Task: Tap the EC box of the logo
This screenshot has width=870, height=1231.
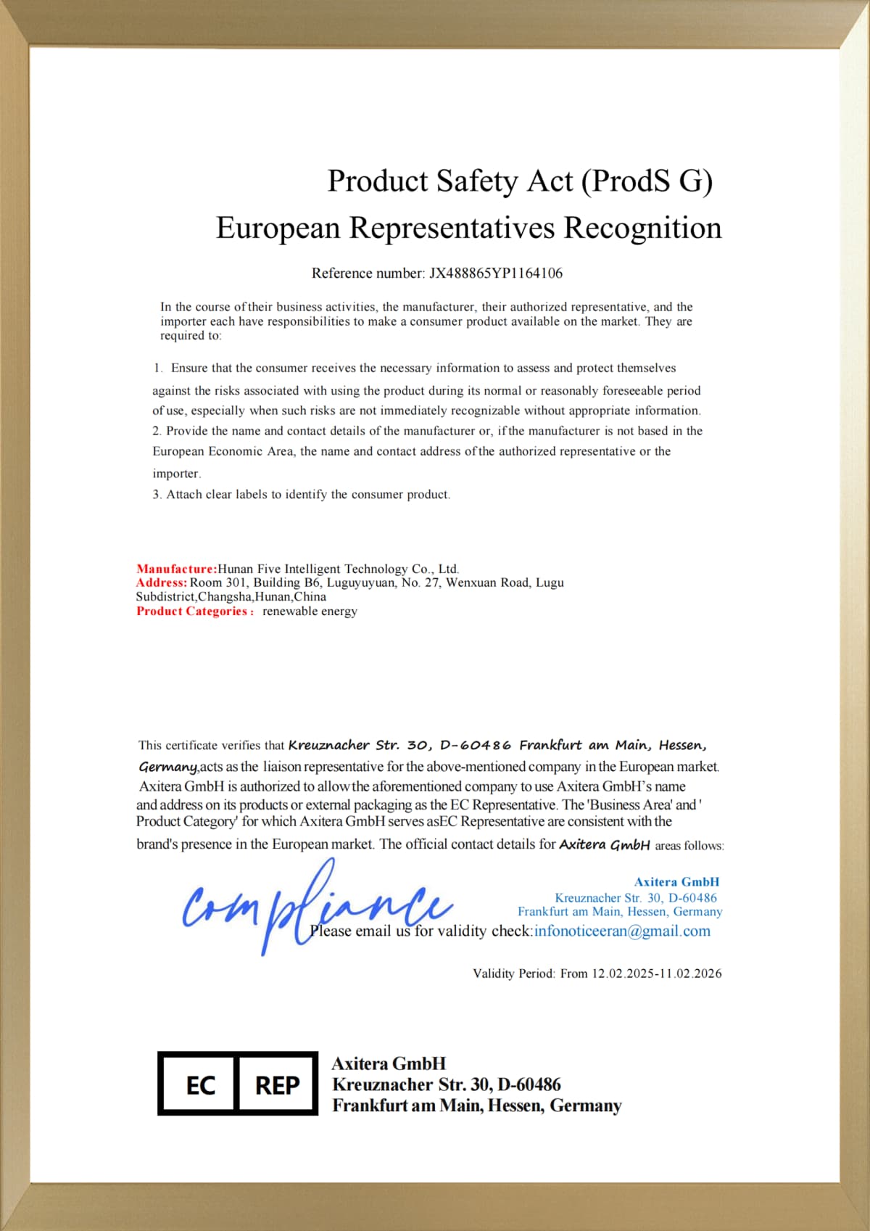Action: (199, 1084)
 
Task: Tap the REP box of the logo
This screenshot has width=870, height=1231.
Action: (278, 1084)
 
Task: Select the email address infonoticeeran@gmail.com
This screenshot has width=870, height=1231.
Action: (622, 931)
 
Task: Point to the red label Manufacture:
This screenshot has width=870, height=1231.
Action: (176, 569)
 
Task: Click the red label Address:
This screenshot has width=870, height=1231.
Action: (162, 582)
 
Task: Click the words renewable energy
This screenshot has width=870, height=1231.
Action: (310, 611)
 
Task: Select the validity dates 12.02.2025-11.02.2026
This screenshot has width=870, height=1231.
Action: (656, 973)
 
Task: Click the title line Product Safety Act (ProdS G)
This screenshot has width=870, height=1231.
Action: (520, 181)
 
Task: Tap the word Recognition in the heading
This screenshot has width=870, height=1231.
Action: (642, 228)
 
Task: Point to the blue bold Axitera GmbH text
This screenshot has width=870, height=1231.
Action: (676, 882)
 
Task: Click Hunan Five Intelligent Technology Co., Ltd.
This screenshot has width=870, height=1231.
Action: (338, 569)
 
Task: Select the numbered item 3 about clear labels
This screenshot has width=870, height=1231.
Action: (301, 495)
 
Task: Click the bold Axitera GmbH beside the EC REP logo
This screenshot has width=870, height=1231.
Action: (389, 1063)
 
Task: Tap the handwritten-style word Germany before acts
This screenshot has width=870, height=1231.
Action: (167, 767)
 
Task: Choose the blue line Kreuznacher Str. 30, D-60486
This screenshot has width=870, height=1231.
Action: (636, 898)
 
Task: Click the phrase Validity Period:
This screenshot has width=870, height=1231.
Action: (514, 973)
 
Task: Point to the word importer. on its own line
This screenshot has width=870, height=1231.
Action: (177, 474)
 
